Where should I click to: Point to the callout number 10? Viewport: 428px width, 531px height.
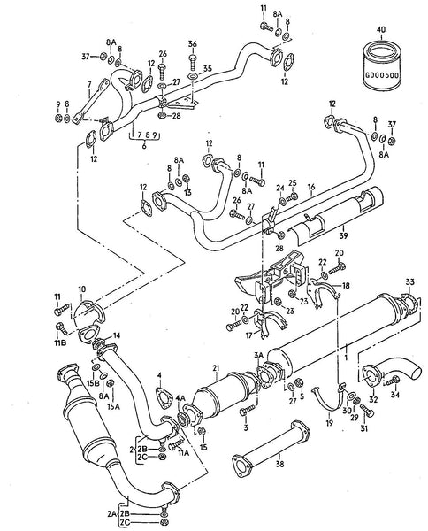pos(82,289)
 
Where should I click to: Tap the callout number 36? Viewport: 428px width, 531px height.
pos(193,44)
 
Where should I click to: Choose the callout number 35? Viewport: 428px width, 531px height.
pos(207,67)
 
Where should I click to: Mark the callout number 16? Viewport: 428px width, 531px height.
pos(310,188)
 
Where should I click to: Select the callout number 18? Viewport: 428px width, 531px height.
pos(346,286)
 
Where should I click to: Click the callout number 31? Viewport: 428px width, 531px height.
pos(363,430)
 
